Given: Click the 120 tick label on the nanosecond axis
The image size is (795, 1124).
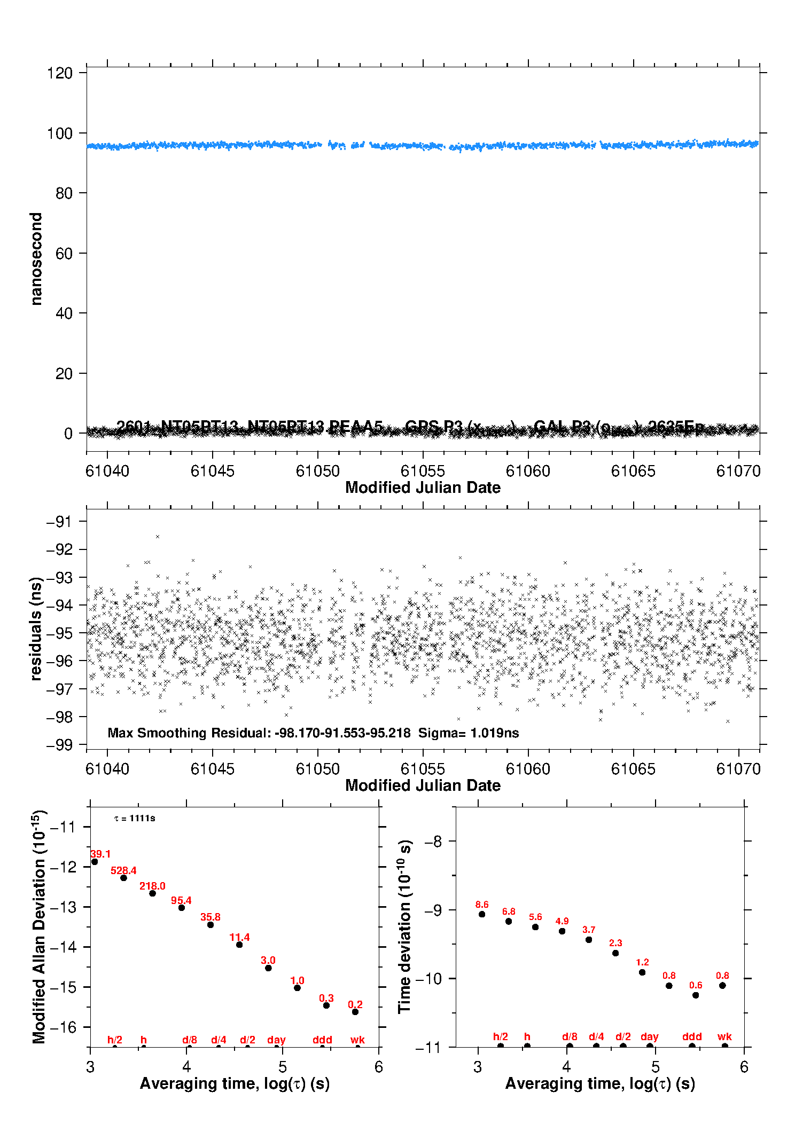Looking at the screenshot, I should click(x=59, y=73).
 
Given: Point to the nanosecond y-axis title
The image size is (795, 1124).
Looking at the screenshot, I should click(x=36, y=259).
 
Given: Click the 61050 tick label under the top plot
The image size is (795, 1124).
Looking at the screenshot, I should click(x=317, y=471).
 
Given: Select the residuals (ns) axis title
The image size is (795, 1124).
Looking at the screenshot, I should click(x=36, y=628).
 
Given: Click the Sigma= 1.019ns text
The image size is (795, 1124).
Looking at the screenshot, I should click(x=468, y=733).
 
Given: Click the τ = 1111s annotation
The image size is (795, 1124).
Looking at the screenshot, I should click(x=135, y=819).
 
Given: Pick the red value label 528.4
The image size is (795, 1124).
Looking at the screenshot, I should click(x=123, y=870).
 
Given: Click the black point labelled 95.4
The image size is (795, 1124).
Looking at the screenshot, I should click(x=182, y=908).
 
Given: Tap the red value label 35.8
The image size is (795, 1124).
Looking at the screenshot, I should click(x=211, y=917).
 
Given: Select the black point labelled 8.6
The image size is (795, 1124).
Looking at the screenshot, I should click(x=482, y=914).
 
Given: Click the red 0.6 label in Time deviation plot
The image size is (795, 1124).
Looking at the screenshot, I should click(x=696, y=985).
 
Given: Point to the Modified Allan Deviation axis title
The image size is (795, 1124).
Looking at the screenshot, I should click(x=39, y=927).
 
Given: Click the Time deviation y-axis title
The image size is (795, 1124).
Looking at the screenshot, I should click(x=404, y=927).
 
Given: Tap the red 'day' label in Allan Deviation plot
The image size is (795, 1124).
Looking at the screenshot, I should click(x=276, y=1040).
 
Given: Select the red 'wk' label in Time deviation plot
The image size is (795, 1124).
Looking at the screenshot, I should click(x=724, y=1036).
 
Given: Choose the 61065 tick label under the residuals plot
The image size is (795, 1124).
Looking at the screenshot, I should click(x=633, y=769).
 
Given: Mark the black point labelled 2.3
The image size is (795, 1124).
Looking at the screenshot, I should click(x=615, y=953).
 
